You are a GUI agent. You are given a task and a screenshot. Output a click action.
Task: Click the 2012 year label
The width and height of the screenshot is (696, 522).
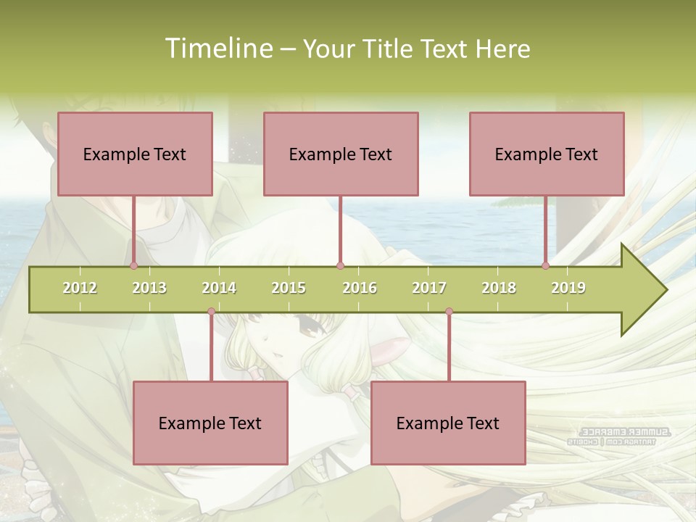pyautogui.click(x=80, y=288)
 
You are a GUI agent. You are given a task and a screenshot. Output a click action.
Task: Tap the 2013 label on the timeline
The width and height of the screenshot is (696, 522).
pyautogui.click(x=149, y=288)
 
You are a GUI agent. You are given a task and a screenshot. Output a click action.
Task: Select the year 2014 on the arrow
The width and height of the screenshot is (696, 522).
pyautogui.click(x=219, y=288)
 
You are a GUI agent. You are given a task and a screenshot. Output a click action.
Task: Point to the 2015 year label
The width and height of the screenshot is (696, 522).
pyautogui.click(x=289, y=288)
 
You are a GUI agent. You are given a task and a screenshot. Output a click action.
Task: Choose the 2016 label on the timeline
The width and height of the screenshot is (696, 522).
pyautogui.click(x=360, y=288)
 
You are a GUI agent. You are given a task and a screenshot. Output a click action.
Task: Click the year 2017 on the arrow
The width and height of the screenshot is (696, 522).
pyautogui.click(x=429, y=288)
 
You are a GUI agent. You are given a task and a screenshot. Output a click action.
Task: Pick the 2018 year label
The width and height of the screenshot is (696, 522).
pyautogui.click(x=499, y=288)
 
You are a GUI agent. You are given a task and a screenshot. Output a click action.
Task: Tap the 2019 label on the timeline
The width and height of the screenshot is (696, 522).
pyautogui.click(x=568, y=288)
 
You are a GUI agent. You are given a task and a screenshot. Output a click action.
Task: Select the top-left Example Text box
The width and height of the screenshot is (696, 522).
pyautogui.click(x=135, y=154)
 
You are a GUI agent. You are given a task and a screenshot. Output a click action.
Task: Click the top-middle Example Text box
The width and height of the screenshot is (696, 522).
pyautogui.click(x=341, y=154)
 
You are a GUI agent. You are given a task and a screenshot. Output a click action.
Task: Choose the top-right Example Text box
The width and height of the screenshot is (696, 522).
pyautogui.click(x=547, y=154)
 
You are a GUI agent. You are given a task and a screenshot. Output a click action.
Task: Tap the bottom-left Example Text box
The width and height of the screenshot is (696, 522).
pyautogui.click(x=210, y=423)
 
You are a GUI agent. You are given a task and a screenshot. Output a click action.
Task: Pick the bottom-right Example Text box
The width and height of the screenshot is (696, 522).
pyautogui.click(x=448, y=423)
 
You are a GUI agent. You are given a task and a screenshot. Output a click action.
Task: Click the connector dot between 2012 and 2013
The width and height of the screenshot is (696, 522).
pyautogui.click(x=134, y=266)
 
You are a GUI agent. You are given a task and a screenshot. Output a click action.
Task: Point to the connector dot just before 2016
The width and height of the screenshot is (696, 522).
pyautogui.click(x=340, y=266)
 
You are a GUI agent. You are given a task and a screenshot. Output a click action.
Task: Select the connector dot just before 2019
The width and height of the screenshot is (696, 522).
pyautogui.click(x=546, y=266)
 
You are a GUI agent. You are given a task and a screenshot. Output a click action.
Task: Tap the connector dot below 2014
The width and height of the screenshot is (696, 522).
pyautogui.click(x=211, y=312)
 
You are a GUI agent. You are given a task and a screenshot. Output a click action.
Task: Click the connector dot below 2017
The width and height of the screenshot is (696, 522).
pyautogui.click(x=449, y=312)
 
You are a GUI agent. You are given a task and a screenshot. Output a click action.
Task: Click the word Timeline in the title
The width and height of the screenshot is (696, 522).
pyautogui.click(x=217, y=49)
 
